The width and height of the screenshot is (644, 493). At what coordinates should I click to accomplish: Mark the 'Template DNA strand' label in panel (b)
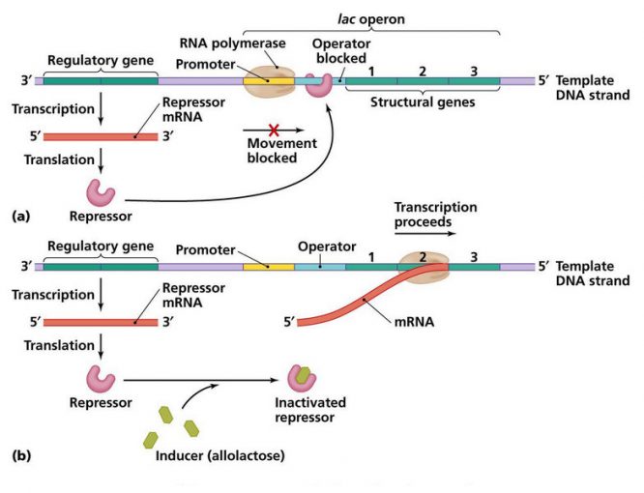click(591, 273)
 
